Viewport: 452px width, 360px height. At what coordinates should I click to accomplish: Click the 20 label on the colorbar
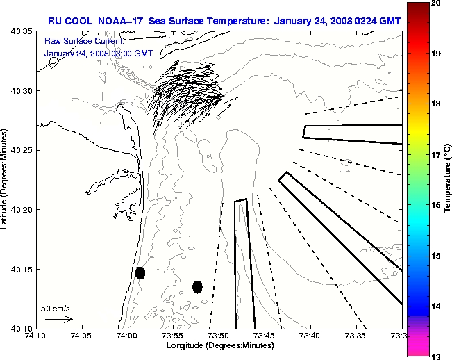pyautogui.click(x=436, y=3)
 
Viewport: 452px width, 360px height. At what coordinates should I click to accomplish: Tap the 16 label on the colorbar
pyautogui.click(x=436, y=206)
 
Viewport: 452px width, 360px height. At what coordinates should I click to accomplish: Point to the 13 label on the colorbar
pyautogui.click(x=436, y=357)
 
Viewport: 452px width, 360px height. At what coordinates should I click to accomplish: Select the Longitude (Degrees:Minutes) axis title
pyautogui.click(x=219, y=345)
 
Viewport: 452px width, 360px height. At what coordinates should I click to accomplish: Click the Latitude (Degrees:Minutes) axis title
pyautogui.click(x=6, y=179)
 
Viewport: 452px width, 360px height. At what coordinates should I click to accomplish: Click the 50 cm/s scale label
pyautogui.click(x=56, y=309)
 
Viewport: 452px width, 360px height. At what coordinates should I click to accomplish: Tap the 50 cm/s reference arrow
pyautogui.click(x=59, y=319)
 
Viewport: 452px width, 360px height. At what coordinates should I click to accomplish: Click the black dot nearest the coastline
pyautogui.click(x=140, y=272)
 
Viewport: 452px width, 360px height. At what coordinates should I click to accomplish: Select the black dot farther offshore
pyautogui.click(x=197, y=286)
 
